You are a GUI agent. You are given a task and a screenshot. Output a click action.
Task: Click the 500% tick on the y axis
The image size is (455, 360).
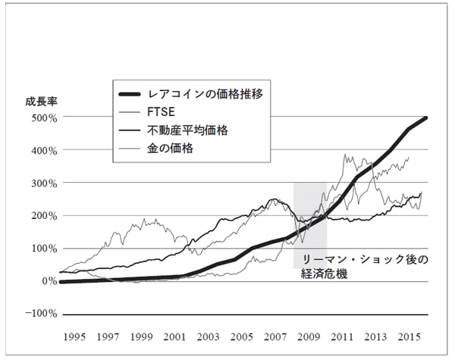[42, 118]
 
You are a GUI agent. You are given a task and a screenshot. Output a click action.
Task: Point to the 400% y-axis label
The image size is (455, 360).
[42, 151]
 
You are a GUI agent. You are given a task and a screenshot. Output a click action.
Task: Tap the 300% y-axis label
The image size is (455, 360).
[42, 183]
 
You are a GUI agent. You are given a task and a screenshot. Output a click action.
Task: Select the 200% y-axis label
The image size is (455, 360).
[42, 216]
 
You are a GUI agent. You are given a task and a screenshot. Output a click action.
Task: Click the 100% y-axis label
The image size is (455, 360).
[42, 249]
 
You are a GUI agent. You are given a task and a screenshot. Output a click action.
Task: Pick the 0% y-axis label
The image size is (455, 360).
[48, 281]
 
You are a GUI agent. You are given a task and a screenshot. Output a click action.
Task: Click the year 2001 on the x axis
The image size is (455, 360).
[174, 335]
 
